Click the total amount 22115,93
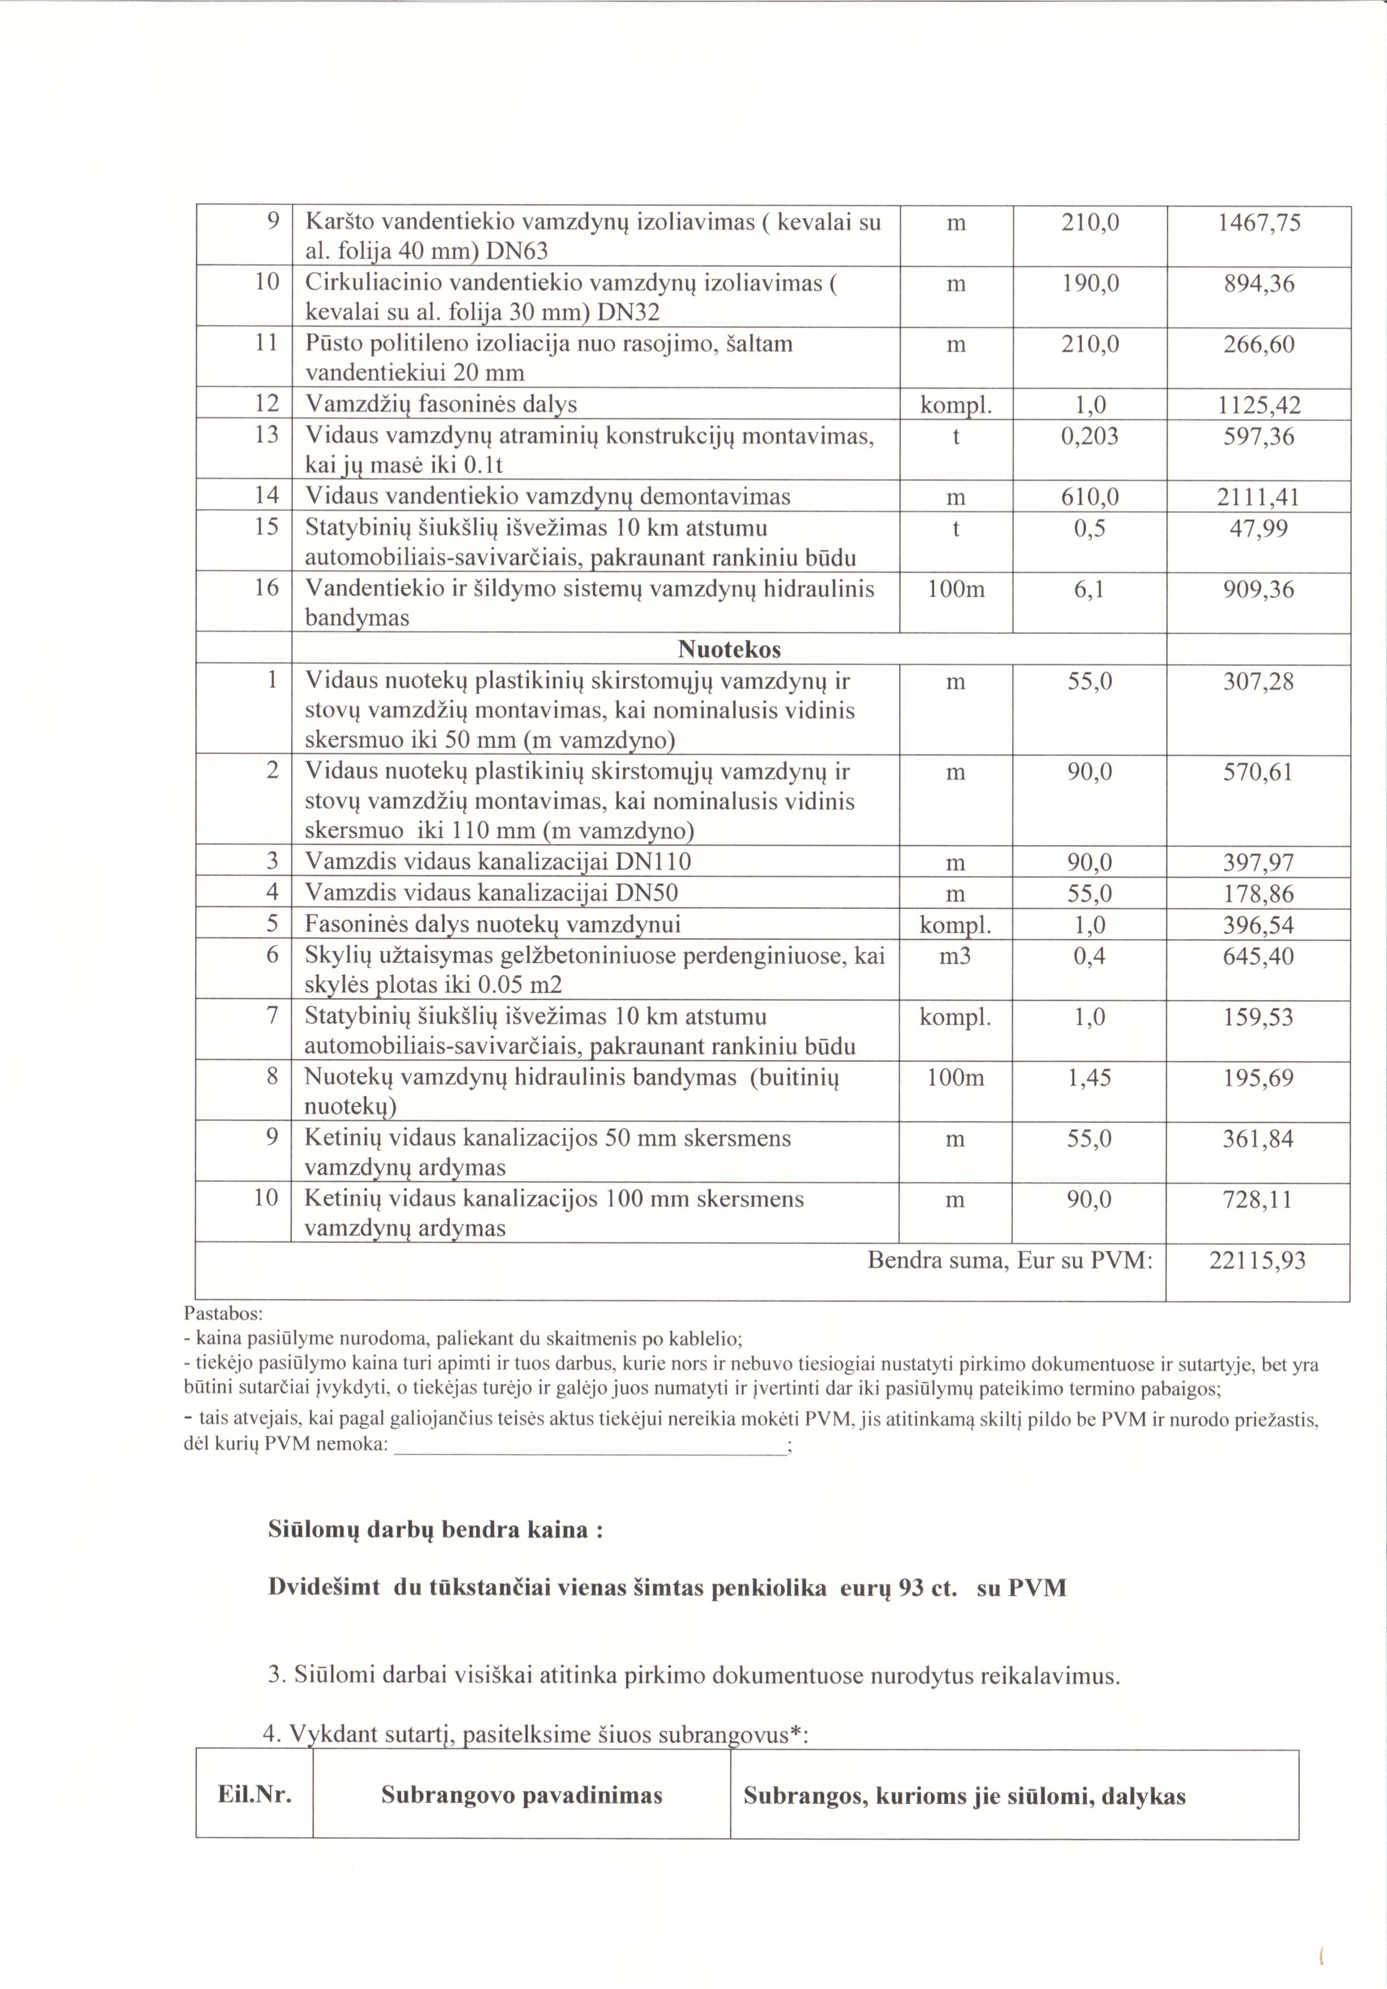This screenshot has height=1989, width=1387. click(x=1257, y=1260)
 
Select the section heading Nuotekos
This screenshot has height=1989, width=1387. click(x=729, y=650)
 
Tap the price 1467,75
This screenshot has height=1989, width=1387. click(x=1259, y=223)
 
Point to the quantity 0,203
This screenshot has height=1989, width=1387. click(x=1090, y=436)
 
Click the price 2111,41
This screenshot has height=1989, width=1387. click(x=1259, y=498)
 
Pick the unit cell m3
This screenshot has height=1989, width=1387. click(x=955, y=957)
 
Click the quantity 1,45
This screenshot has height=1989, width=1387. click(x=1090, y=1078)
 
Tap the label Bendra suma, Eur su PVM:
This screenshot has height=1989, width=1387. click(x=1010, y=1260)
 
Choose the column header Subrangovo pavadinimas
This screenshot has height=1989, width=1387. click(x=521, y=1796)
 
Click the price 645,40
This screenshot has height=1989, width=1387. click(x=1259, y=957)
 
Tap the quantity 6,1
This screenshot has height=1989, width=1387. click(x=1090, y=590)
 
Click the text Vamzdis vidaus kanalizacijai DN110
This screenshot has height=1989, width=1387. click(x=498, y=862)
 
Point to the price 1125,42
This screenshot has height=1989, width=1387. click(x=1259, y=405)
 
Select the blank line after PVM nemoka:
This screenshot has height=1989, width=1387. click(x=589, y=1446)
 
